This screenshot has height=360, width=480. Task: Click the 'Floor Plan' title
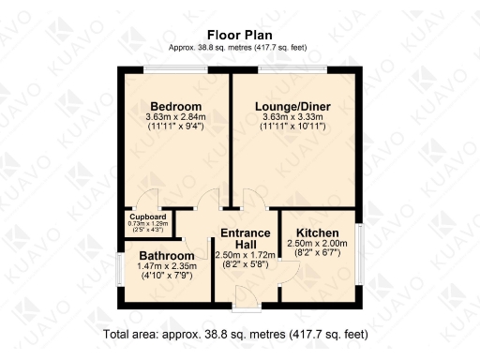239,35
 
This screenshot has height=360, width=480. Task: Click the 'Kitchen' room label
319,232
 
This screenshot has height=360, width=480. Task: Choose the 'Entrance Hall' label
246,238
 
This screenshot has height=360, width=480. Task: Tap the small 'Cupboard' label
143,216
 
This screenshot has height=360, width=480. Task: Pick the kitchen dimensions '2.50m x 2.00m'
319,244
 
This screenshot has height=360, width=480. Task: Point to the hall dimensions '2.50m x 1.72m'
246,255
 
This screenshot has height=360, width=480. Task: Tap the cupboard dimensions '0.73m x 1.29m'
143,223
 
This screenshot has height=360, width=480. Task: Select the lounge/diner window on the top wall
287,68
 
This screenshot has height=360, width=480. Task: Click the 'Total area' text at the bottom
235,334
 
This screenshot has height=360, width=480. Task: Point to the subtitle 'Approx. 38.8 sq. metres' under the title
239,48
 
